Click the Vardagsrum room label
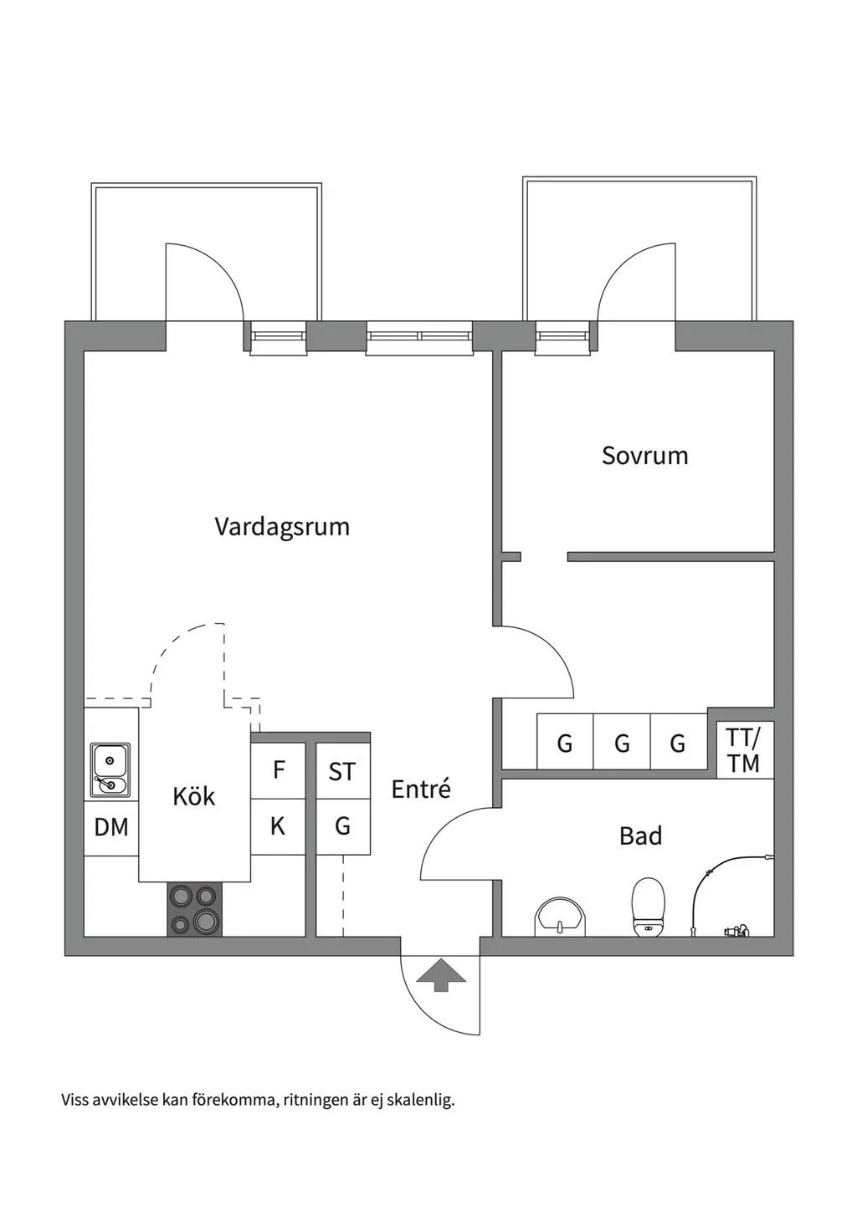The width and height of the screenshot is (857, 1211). tap(282, 527)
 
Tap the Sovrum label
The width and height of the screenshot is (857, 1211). tap(644, 456)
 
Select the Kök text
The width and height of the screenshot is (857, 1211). tap(194, 796)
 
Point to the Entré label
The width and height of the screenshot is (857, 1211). tap(421, 789)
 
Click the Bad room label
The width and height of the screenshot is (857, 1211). tap(640, 835)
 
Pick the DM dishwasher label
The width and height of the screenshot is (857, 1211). tap(111, 827)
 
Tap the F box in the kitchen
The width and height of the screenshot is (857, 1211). tap(279, 769)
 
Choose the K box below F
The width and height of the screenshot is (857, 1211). tap(278, 826)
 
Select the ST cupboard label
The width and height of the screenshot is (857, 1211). tap(342, 771)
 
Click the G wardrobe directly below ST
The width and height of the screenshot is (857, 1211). tap(342, 826)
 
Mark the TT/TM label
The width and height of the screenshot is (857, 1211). tap(743, 750)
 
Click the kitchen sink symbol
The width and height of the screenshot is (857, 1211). tap(110, 769)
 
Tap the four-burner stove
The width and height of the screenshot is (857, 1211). tap(194, 909)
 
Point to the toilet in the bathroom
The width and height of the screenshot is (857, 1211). tap(648, 907)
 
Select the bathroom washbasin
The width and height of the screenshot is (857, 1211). tap(561, 917)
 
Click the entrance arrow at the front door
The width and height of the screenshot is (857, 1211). tap(441, 975)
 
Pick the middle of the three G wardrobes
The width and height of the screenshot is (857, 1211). tap(622, 743)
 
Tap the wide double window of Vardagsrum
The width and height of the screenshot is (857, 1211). tap(419, 337)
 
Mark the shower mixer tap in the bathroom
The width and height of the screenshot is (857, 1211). tap(736, 929)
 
